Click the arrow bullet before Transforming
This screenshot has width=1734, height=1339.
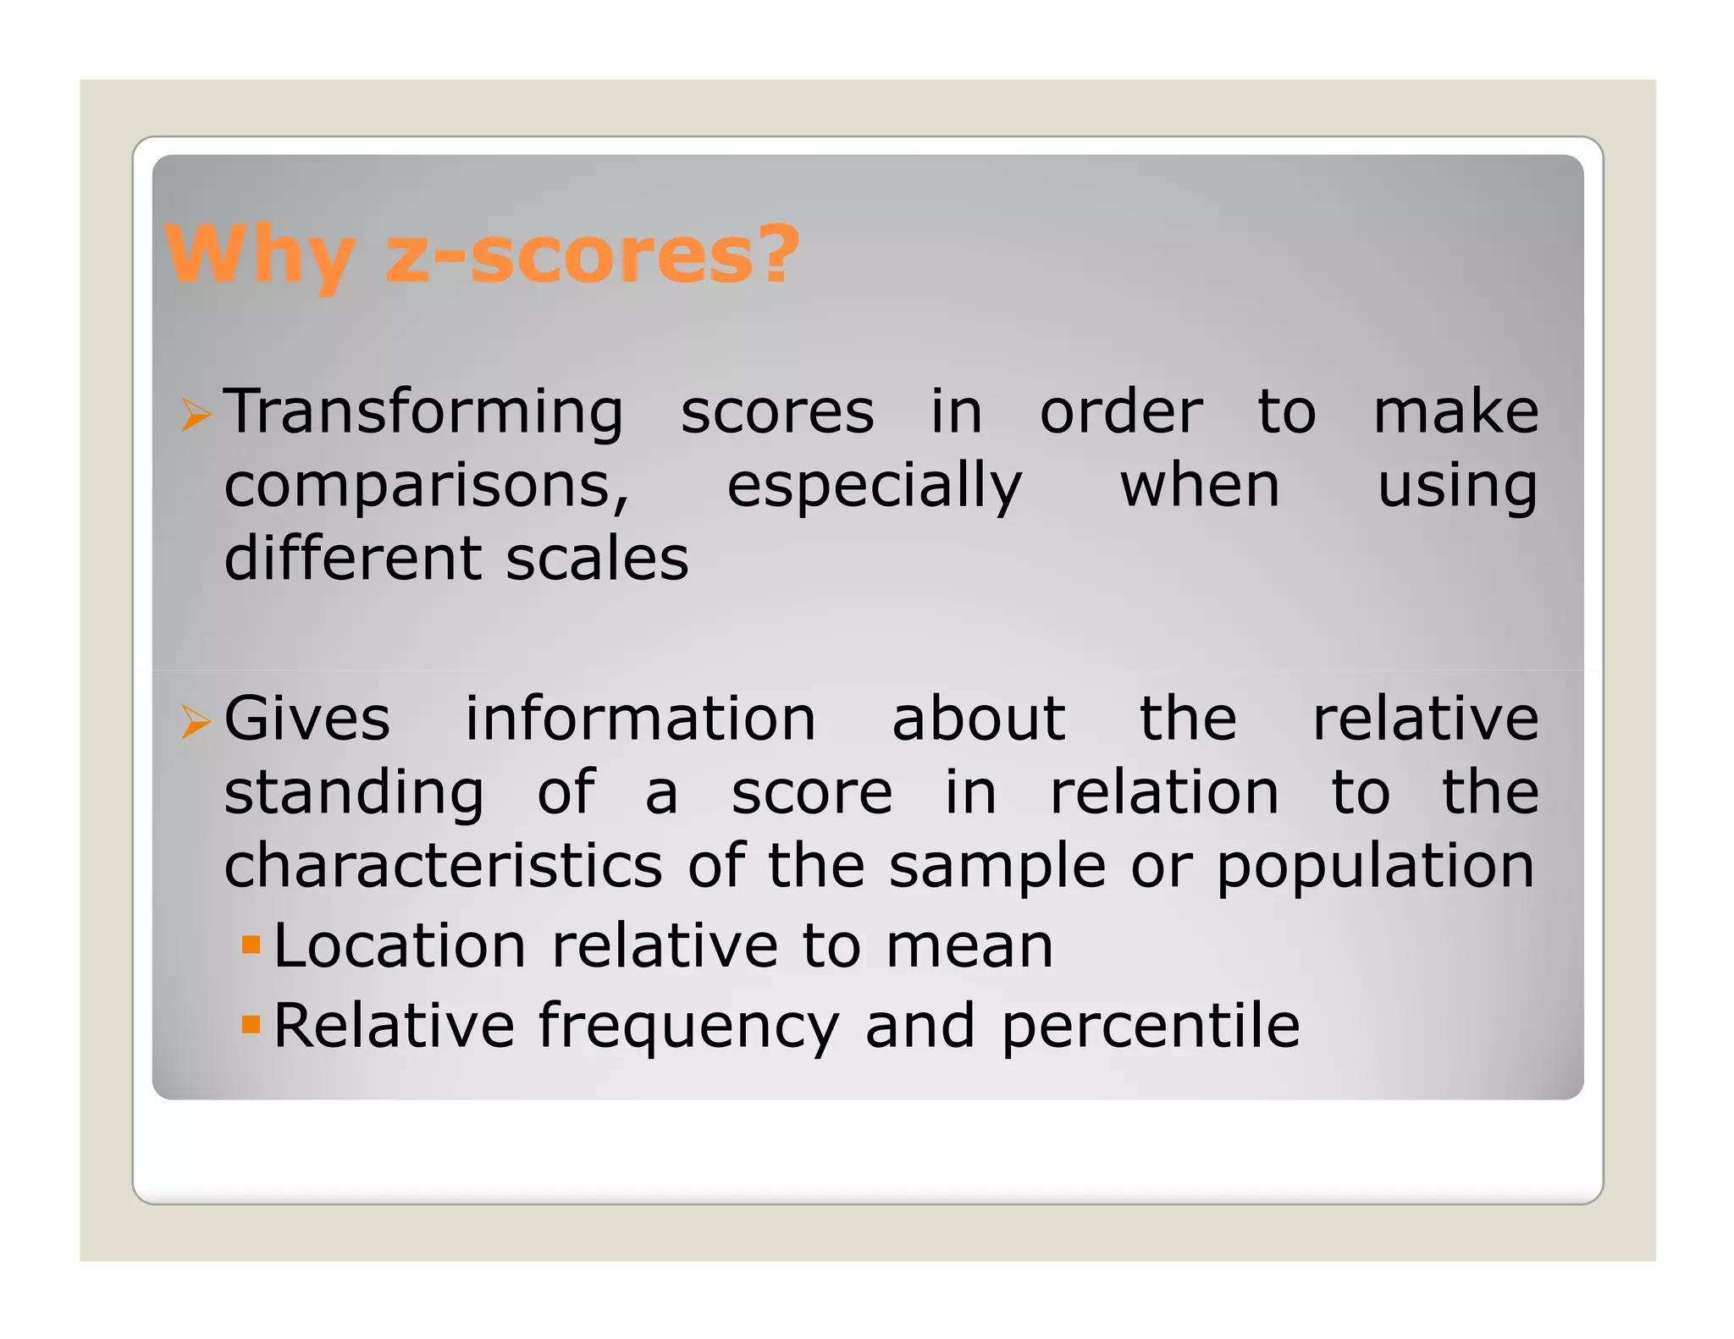[x=196, y=415]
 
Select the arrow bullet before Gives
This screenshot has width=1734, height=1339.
[x=196, y=722]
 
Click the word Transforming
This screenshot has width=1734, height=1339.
[x=423, y=413]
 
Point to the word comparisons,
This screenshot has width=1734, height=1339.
[x=427, y=488]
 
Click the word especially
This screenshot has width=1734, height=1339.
[x=875, y=488]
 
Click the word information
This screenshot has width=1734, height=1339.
[x=641, y=719]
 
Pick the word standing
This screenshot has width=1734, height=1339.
[x=354, y=794]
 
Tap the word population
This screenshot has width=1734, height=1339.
[x=1375, y=868]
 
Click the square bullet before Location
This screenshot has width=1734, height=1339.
[x=251, y=944]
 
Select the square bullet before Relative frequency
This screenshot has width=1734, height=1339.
[x=251, y=1024]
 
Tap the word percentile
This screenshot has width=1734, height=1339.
[x=1151, y=1027]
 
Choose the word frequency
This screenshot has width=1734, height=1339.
[x=688, y=1027]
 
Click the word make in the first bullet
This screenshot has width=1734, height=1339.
[x=1455, y=413]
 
